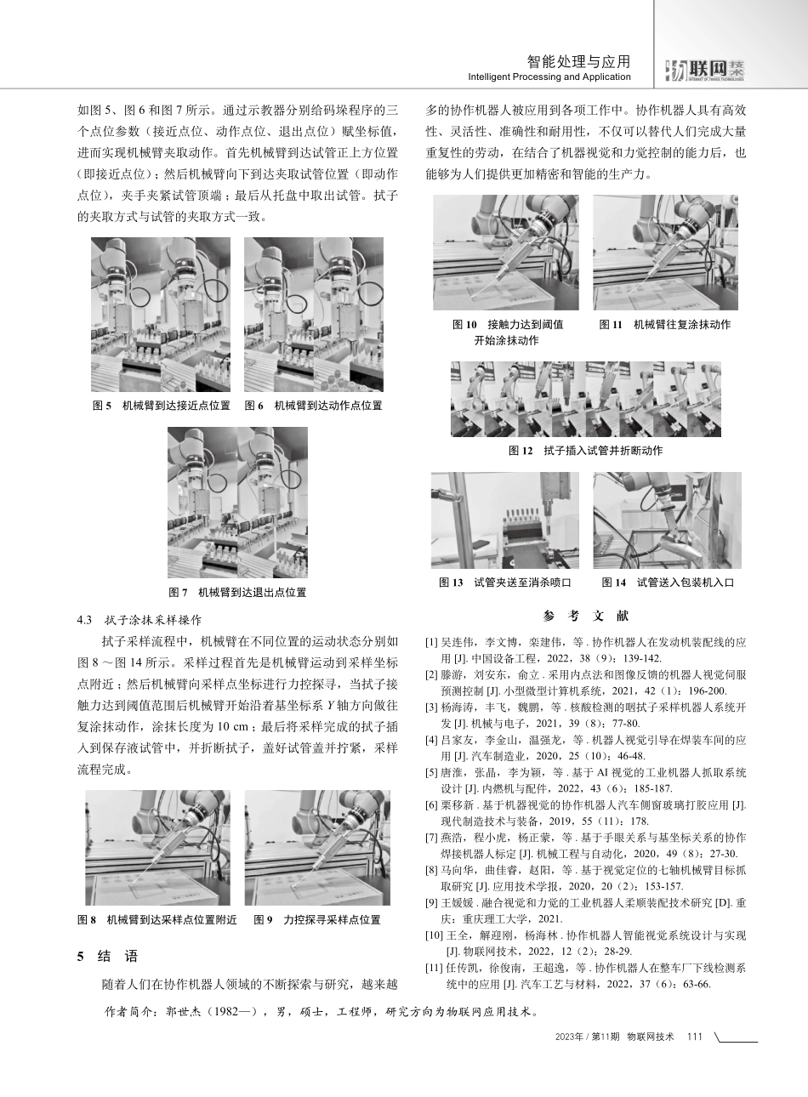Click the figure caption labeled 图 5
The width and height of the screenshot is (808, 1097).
point(161,406)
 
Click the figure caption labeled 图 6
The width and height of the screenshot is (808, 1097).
point(313,406)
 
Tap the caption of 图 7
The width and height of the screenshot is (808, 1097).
point(237,593)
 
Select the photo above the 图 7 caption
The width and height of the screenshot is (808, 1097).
point(237,503)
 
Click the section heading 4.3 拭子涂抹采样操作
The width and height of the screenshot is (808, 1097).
point(139,620)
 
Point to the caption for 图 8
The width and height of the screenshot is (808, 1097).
point(156,920)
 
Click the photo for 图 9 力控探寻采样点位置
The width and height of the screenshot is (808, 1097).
point(317,848)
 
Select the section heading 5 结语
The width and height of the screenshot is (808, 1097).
point(107,957)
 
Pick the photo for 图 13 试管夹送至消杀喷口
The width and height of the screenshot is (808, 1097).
point(504,520)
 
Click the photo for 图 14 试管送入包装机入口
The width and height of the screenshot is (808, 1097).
point(667,520)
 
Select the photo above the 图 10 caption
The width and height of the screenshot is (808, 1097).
point(505,253)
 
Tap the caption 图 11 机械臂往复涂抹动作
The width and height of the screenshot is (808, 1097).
point(664,325)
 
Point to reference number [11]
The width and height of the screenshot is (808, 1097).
point(435,968)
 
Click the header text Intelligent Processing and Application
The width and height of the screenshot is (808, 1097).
point(549,77)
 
